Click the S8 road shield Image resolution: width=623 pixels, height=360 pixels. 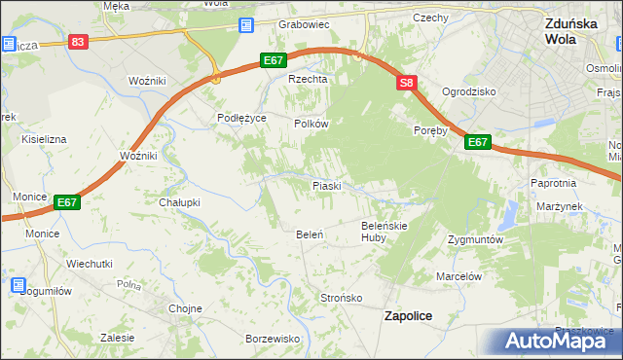[x=407, y=85]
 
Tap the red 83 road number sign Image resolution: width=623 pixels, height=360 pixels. [x=79, y=42]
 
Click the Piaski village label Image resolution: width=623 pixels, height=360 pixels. [x=325, y=185]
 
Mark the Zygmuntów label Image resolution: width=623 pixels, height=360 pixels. [x=474, y=238]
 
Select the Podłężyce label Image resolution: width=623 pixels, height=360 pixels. [x=241, y=117]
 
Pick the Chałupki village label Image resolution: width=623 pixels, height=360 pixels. [x=179, y=202]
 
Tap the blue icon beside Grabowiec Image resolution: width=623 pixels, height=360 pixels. [x=247, y=25]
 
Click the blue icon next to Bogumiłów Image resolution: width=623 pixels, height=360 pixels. [x=18, y=285]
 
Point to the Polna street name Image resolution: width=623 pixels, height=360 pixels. [x=128, y=284]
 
